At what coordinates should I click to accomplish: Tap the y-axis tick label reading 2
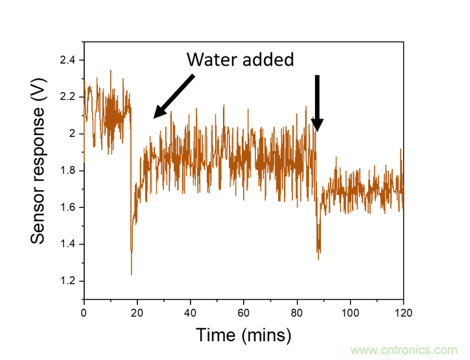pos(71,134)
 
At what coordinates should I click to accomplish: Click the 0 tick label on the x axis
pos(84,313)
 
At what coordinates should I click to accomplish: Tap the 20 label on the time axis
pos(137,313)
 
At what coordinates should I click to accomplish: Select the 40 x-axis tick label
pos(190,313)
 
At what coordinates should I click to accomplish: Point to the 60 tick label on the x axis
pos(244,313)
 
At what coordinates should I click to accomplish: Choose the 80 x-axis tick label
pos(297,313)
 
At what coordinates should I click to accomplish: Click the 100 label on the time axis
pos(350,313)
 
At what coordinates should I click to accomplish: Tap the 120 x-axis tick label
pos(403,313)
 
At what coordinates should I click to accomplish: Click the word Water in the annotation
pos(211,60)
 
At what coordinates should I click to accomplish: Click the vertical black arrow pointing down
pos(318,102)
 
